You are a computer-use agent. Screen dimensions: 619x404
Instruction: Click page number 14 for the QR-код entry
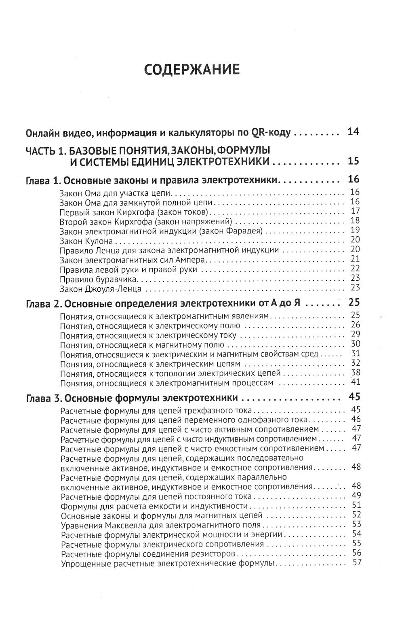[x=353, y=132]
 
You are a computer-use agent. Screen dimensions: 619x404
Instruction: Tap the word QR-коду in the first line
[x=274, y=133]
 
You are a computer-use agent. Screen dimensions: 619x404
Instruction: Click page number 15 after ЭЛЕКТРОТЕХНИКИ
[x=353, y=161]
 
